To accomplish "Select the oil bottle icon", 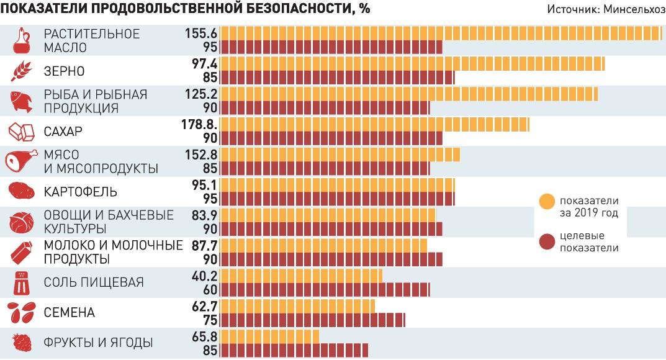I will tap(22, 40).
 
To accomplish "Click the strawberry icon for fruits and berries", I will tap(22, 343).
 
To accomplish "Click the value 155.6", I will tap(200, 34).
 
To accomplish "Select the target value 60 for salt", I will tap(210, 289).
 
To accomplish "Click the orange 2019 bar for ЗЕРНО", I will tap(412, 63).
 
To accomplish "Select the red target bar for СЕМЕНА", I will tap(313, 320).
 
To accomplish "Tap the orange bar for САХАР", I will tap(375, 124).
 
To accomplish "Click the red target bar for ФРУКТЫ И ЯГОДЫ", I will tap(294, 350).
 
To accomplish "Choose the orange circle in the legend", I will tap(547, 202).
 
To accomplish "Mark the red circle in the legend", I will tap(547, 241).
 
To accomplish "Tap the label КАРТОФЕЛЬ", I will tap(81, 192).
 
